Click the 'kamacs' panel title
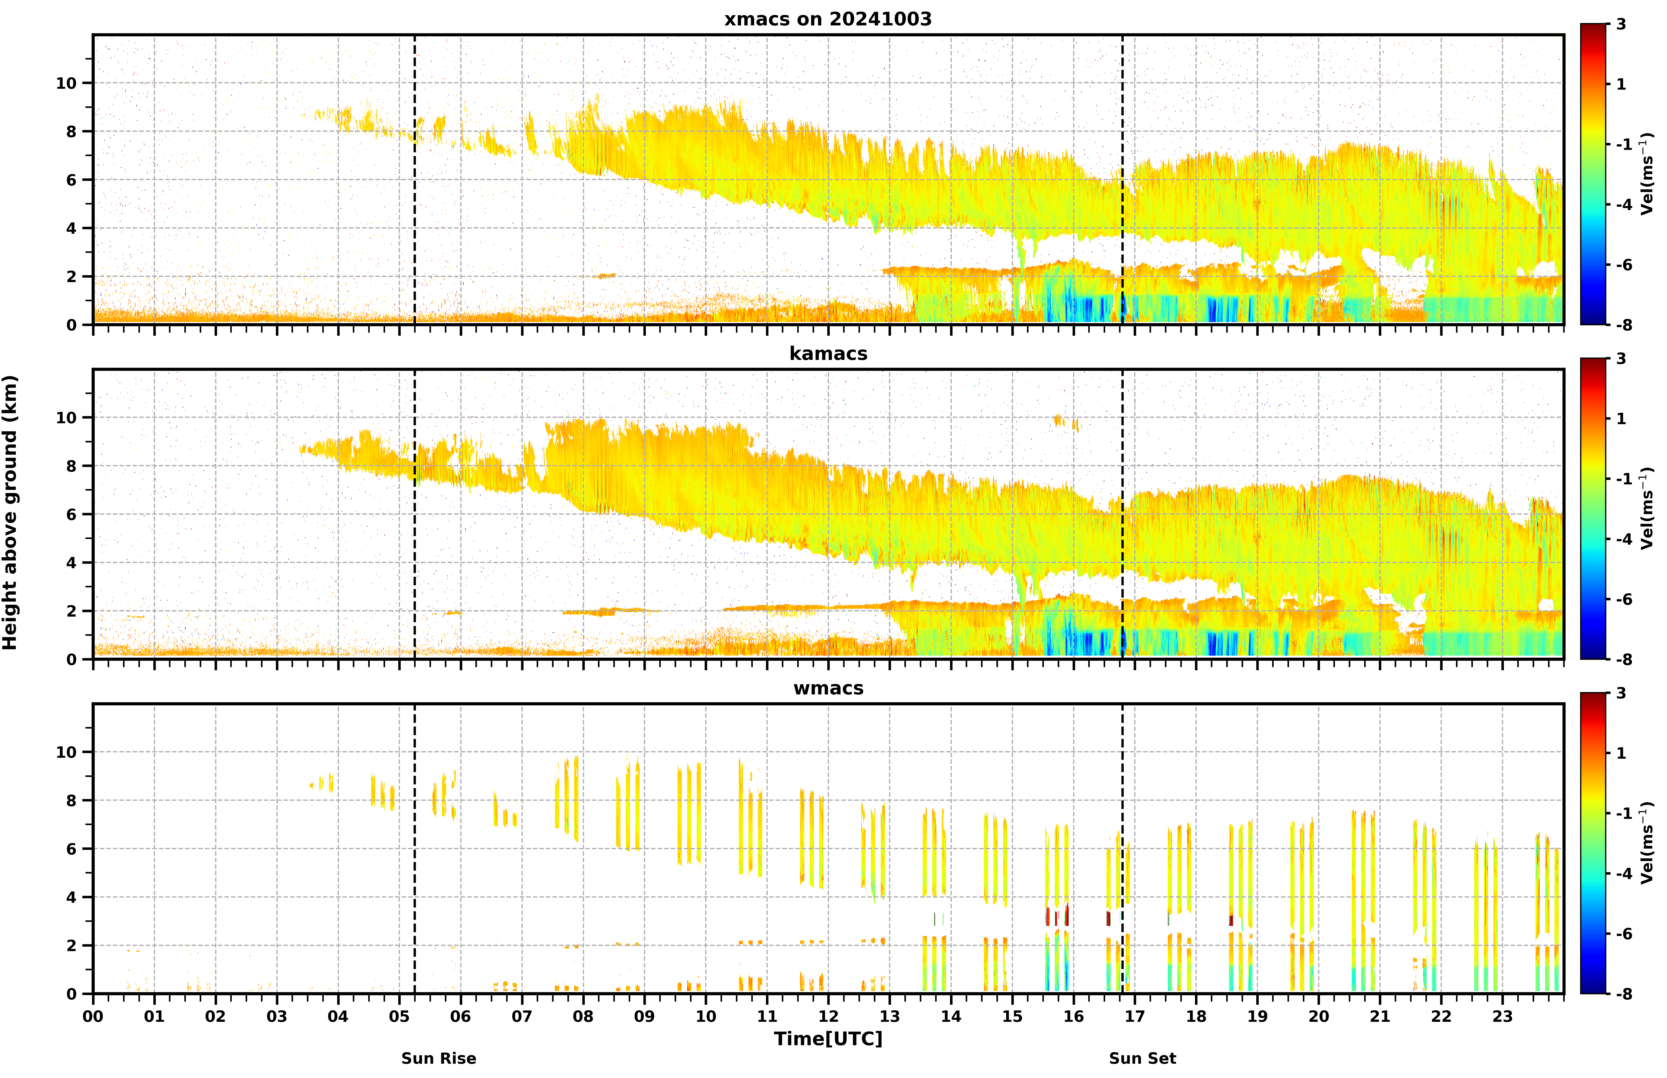tap(828, 353)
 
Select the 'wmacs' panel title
tap(828, 688)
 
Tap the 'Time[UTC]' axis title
tap(828, 1039)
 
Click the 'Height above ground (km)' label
tap(10, 512)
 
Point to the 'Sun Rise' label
tap(439, 1058)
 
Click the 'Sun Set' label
tap(1142, 1058)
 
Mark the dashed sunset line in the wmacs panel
tap(1123, 848)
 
